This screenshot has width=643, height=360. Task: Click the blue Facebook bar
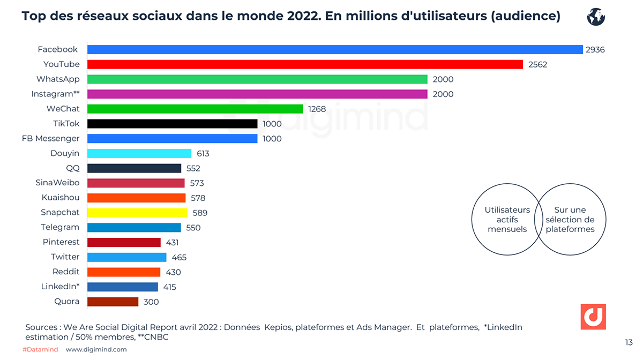pyautogui.click(x=334, y=49)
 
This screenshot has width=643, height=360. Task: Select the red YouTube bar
pyautogui.click(x=304, y=64)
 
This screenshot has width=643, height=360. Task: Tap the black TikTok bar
pyautogui.click(x=172, y=124)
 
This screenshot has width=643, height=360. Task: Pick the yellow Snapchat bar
pyautogui.click(x=137, y=213)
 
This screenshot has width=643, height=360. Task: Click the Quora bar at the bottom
pyautogui.click(x=113, y=302)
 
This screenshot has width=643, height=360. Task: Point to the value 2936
pyautogui.click(x=595, y=49)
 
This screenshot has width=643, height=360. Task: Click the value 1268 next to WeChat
pyautogui.click(x=317, y=109)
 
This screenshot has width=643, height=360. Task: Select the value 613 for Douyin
pyautogui.click(x=203, y=153)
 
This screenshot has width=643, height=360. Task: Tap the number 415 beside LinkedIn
pyautogui.click(x=169, y=287)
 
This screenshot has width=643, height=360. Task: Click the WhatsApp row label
pyautogui.click(x=58, y=79)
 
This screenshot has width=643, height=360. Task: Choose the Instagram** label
pyautogui.click(x=55, y=94)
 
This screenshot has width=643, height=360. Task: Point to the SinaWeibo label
pyautogui.click(x=57, y=183)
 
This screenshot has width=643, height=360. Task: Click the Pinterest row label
pyautogui.click(x=61, y=242)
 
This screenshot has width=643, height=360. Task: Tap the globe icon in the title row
pyautogui.click(x=596, y=17)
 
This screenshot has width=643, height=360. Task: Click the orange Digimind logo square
pyautogui.click(x=593, y=317)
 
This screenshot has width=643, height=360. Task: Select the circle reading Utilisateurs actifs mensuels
pyautogui.click(x=504, y=220)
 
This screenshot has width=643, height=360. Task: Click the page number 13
pyautogui.click(x=629, y=342)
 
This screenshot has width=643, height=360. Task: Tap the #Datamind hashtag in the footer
pyautogui.click(x=40, y=349)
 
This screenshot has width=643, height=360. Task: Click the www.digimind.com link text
pyautogui.click(x=96, y=349)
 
